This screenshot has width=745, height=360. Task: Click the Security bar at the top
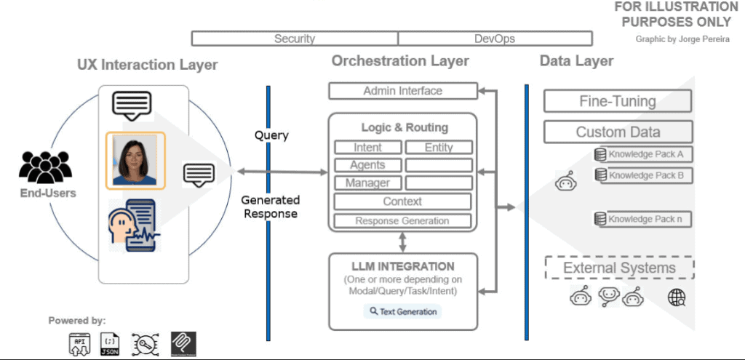(x=295, y=39)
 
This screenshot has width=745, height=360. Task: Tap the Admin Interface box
(x=402, y=91)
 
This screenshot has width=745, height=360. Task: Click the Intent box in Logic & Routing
(x=367, y=147)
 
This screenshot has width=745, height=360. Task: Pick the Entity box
(x=439, y=147)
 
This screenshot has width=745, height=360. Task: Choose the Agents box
(x=367, y=165)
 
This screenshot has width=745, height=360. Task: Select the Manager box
(x=367, y=183)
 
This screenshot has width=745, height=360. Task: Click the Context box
(x=402, y=201)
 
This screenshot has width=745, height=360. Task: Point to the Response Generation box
(x=402, y=220)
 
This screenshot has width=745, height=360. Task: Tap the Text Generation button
(x=402, y=311)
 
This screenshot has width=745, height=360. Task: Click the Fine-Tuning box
(x=618, y=102)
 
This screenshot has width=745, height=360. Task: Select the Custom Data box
(x=618, y=132)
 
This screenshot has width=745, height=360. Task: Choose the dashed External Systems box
(x=619, y=268)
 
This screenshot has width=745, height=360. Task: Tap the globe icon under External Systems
(x=677, y=297)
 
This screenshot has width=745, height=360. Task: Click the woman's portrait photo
(x=135, y=159)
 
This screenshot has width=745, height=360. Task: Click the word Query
(x=271, y=135)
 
